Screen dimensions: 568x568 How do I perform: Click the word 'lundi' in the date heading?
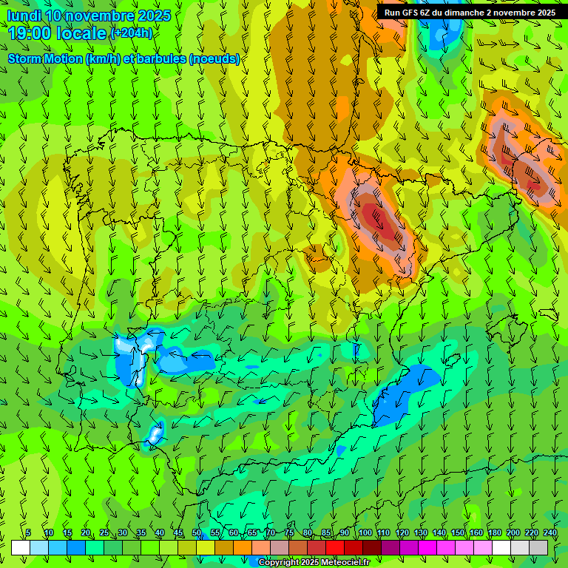(24, 16)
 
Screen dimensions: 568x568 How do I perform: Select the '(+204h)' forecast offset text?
(131, 33)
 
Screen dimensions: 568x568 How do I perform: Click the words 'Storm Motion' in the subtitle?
(44, 58)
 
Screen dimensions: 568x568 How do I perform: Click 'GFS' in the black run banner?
(408, 13)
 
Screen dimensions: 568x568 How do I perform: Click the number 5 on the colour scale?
(28, 532)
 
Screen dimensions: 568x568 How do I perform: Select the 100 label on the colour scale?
(365, 532)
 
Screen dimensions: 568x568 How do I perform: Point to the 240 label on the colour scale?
(550, 532)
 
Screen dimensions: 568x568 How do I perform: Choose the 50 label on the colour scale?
(197, 532)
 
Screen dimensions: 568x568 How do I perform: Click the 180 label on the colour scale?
(495, 532)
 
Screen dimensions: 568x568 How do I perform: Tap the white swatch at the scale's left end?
(20, 547)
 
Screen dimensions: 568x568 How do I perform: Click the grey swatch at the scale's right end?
(538, 547)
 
